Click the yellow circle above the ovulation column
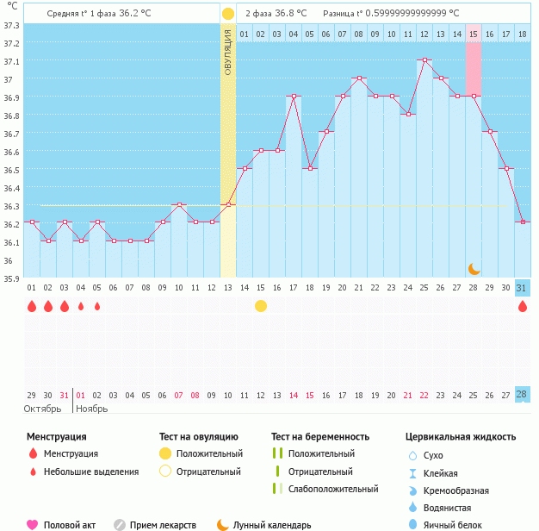pos(227,14)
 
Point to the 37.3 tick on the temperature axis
pos(11,25)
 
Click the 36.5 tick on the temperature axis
pos(11,170)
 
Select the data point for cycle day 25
pos(424,60)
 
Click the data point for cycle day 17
pos(293,97)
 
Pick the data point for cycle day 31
pos(523,222)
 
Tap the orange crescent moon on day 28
pos(474,269)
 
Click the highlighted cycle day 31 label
pos(523,287)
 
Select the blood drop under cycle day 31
pos(523,306)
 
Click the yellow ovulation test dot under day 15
pos(261,306)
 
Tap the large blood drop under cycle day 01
pos(32,306)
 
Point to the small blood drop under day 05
pos(97,306)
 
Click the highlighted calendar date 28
pos(523,394)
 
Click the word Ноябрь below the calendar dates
pos(92,409)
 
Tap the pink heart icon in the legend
pos(33,524)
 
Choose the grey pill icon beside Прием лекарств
pos(120,524)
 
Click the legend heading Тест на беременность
pos(320,437)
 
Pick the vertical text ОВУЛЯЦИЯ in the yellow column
pos(227,52)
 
